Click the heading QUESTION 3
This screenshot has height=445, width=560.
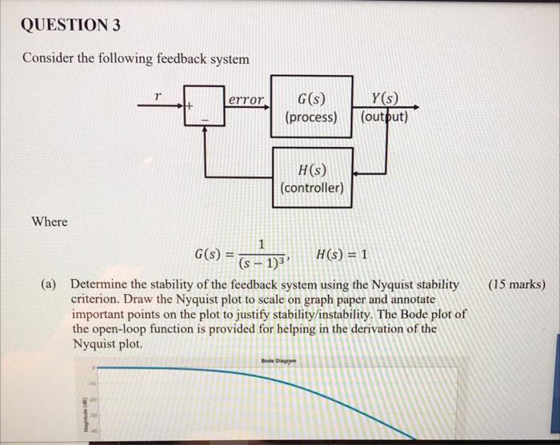[x=71, y=25]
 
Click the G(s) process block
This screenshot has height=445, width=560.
[x=311, y=107]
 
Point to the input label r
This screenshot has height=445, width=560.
[x=158, y=95]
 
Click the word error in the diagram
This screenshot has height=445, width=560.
[x=246, y=100]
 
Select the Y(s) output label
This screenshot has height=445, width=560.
[x=386, y=100]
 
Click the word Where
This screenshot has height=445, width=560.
[x=50, y=221]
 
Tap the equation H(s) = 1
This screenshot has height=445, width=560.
[x=342, y=255]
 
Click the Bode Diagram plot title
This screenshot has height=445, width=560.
[x=278, y=361]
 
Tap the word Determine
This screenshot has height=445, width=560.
[x=100, y=284]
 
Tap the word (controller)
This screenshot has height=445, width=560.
[x=312, y=189]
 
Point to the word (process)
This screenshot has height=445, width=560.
[x=311, y=117]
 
